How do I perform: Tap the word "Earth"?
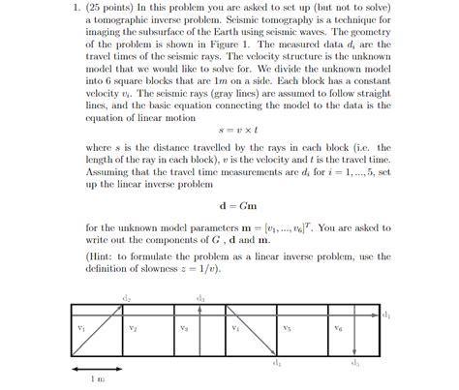pyautogui.click(x=245, y=33)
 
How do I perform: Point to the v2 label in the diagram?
pyautogui.click(x=133, y=329)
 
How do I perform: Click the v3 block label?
pyautogui.click(x=184, y=329)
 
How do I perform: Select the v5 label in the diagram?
pyautogui.click(x=287, y=329)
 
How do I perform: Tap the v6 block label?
pyautogui.click(x=338, y=329)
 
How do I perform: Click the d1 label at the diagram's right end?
pyautogui.click(x=385, y=316)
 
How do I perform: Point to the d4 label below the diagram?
pyautogui.click(x=277, y=364)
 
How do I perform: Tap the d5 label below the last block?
pyautogui.click(x=355, y=364)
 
